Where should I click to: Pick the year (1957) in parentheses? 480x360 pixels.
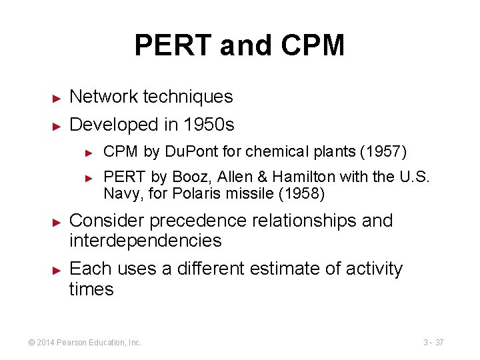(x=383, y=152)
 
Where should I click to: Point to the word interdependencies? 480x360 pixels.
(x=145, y=241)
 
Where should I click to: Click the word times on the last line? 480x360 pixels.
(x=91, y=289)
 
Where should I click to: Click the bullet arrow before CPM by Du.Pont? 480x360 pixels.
(x=91, y=153)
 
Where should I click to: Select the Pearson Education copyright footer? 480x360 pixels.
(x=84, y=343)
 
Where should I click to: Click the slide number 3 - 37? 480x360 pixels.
(x=433, y=343)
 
